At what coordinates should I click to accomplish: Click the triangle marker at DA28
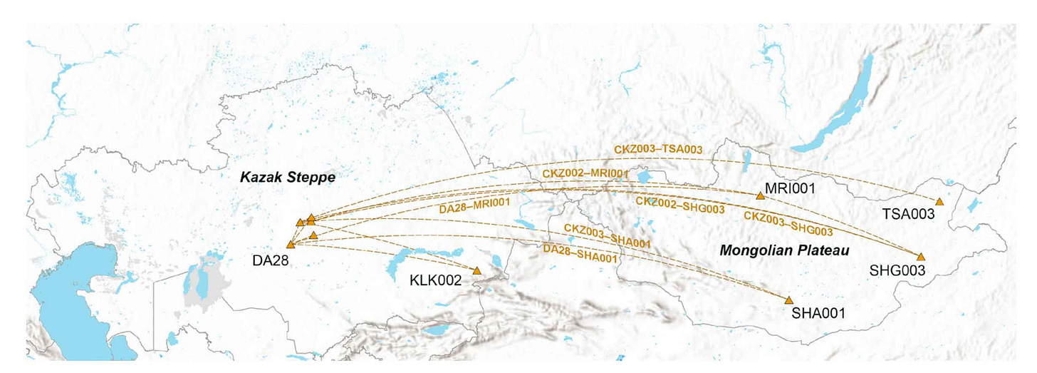point(291,245)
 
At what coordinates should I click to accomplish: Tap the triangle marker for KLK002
point(476,271)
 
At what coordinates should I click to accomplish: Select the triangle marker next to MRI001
point(760,195)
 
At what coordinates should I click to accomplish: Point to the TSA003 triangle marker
point(939,203)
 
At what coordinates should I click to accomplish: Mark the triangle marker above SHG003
point(920,257)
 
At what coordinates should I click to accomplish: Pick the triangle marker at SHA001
point(788,300)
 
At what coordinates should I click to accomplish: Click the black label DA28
point(270,260)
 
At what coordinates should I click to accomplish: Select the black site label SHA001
point(818,312)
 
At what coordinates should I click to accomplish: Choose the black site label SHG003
point(897,271)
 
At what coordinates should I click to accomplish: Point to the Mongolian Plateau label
point(776,251)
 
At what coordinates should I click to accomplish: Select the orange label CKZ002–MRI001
point(585,173)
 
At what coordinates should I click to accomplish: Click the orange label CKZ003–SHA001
point(608,235)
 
